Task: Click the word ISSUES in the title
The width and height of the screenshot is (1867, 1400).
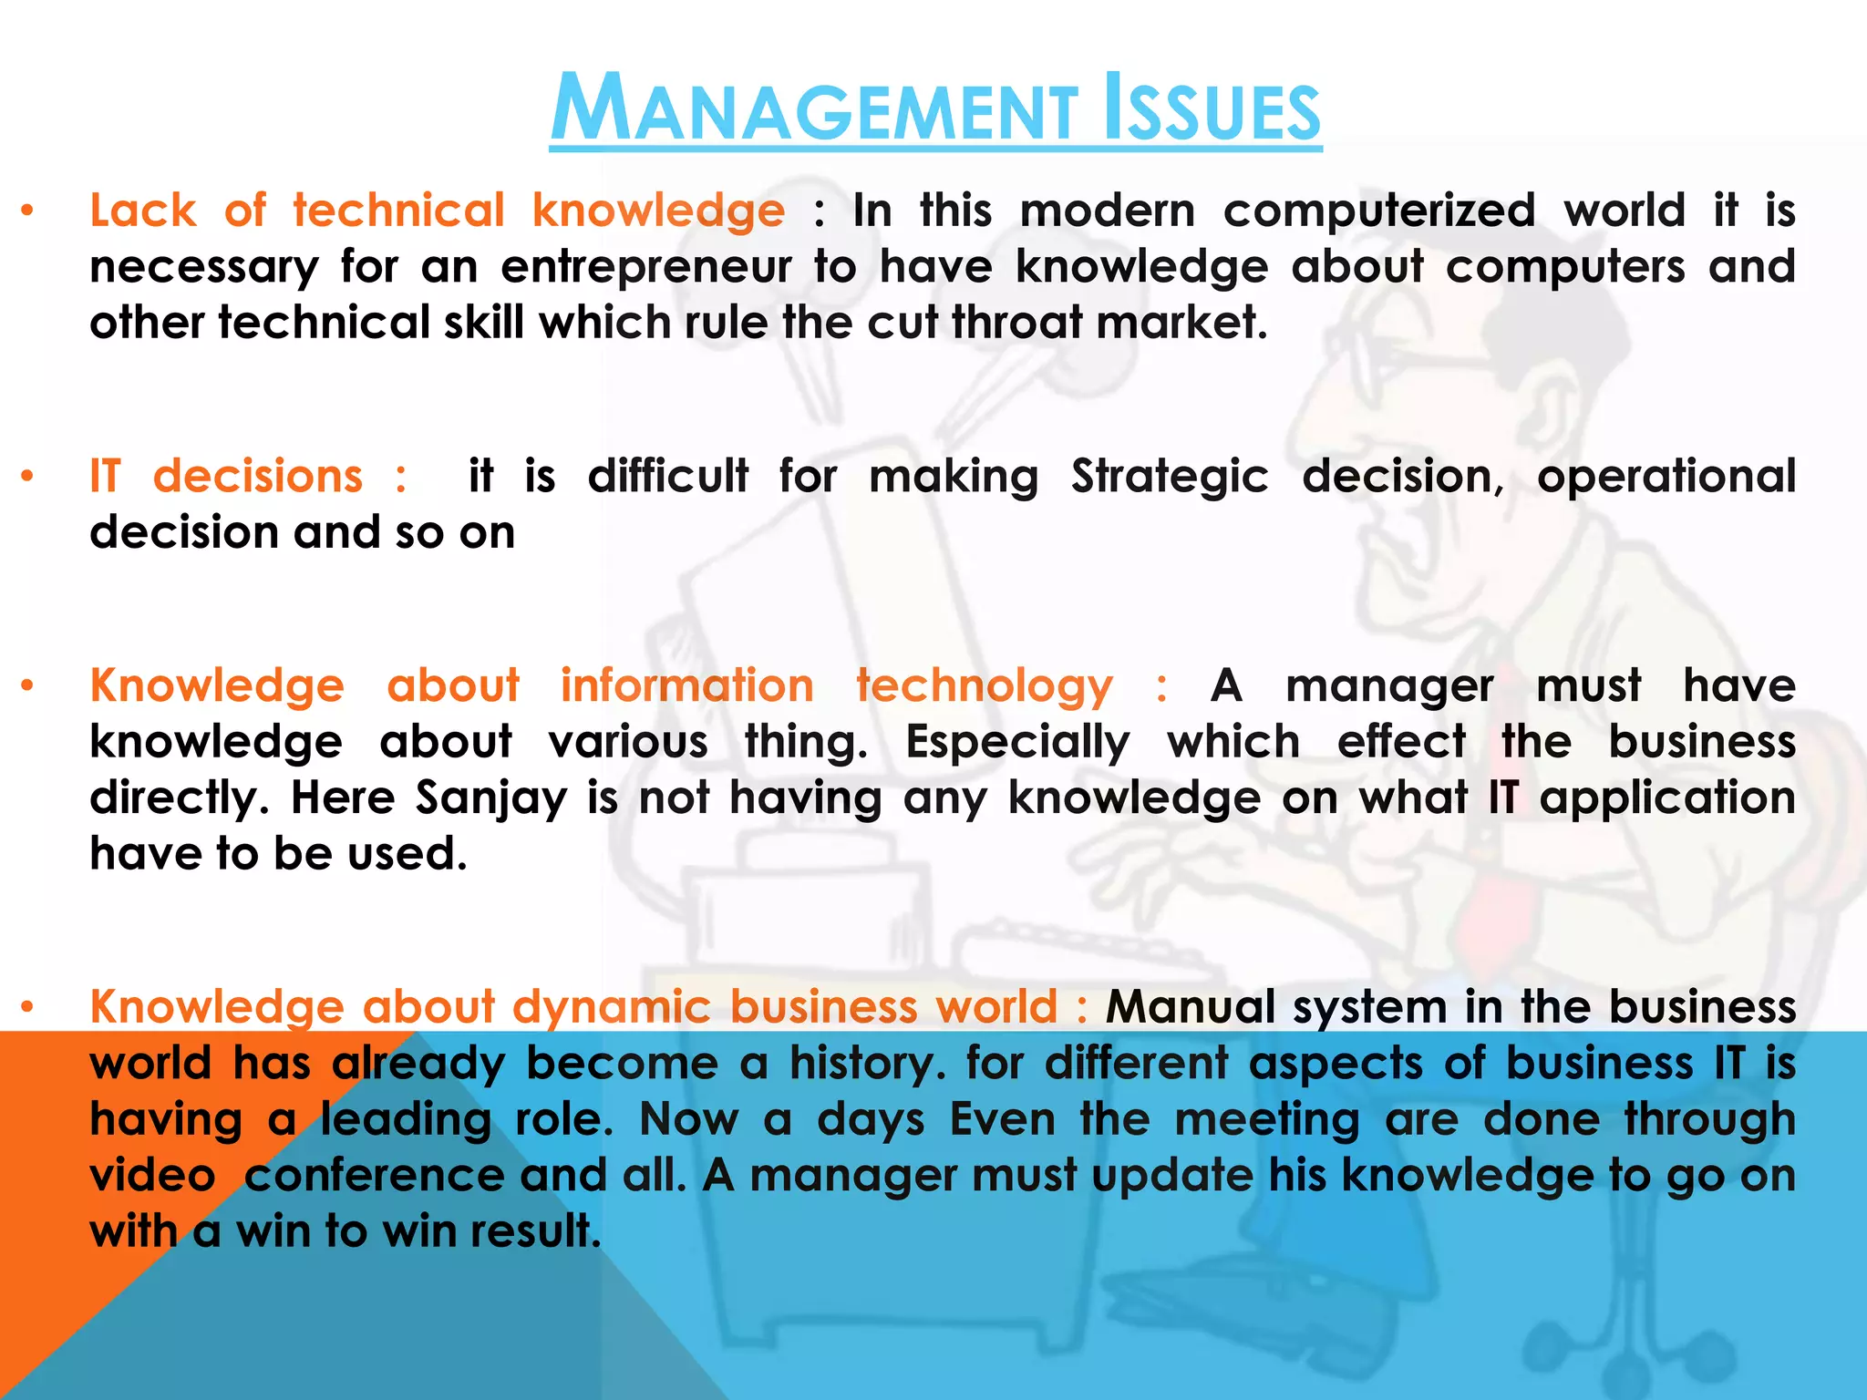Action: (1212, 109)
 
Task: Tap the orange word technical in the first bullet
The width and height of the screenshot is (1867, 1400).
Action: (398, 211)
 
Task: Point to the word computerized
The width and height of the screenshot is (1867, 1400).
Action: (1378, 211)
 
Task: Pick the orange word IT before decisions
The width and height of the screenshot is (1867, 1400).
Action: (105, 476)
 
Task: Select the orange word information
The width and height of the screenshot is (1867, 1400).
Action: (686, 685)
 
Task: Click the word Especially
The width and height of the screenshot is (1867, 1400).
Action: (1017, 743)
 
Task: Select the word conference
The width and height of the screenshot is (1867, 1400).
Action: (374, 1176)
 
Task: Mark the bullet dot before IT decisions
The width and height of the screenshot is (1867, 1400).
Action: (28, 476)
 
